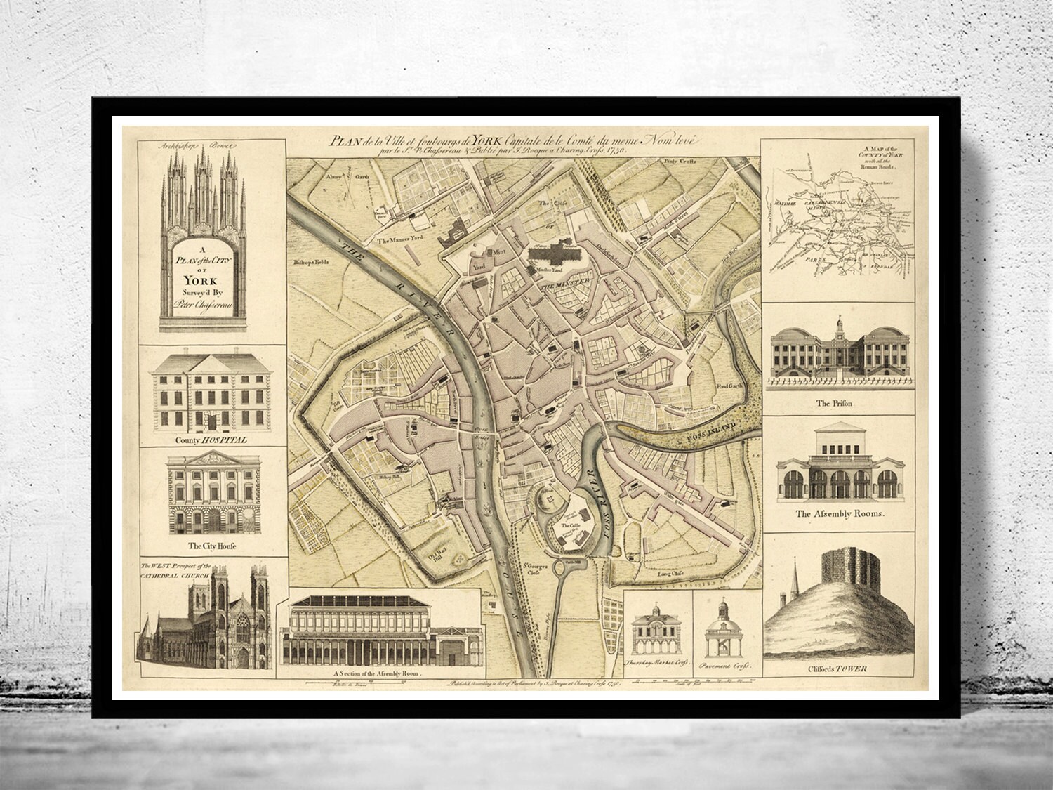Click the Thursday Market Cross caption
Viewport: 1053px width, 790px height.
click(x=658, y=663)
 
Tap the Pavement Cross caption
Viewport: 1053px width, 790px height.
click(x=727, y=663)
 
